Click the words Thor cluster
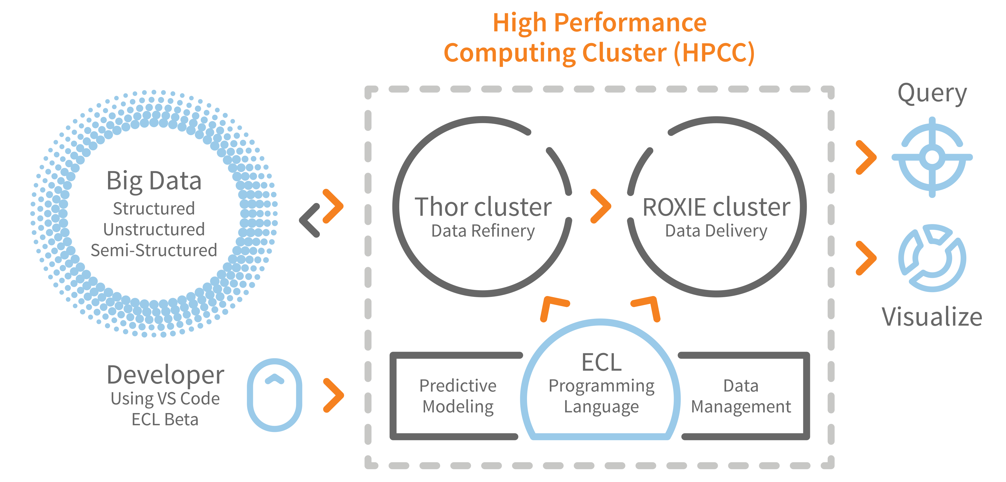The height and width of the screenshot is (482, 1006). click(483, 207)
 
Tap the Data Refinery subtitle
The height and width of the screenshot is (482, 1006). click(483, 231)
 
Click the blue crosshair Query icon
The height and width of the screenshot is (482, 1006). click(932, 157)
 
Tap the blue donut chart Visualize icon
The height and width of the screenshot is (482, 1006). click(932, 258)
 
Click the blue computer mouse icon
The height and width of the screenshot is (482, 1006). click(275, 395)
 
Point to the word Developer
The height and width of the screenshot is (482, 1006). click(165, 374)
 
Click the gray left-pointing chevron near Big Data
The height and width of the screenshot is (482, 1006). click(310, 220)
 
